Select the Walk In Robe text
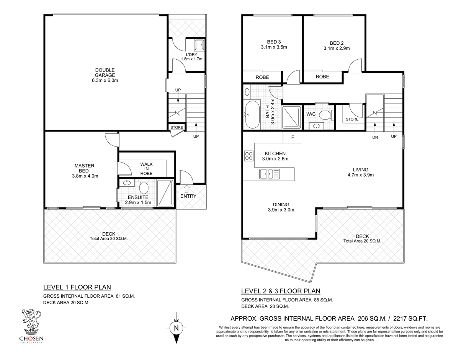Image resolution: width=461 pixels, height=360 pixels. tap(146, 169)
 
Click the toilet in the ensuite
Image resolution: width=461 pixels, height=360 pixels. tap(144, 187)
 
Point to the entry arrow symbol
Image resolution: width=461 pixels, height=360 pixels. tap(186, 188)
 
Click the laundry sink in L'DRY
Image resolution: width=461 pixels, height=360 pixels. tap(199, 46)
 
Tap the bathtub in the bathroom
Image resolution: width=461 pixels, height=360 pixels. tap(252, 114)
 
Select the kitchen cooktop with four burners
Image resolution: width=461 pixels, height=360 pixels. tap(248, 156)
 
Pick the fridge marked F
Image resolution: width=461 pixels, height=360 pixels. tap(293, 137)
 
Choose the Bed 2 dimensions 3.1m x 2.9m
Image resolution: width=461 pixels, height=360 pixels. tap(337, 49)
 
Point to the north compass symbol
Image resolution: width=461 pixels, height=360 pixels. tap(176, 327)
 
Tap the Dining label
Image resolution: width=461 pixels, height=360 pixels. tap(281, 204)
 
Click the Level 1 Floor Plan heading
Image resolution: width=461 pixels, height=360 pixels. tap(77, 287)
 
